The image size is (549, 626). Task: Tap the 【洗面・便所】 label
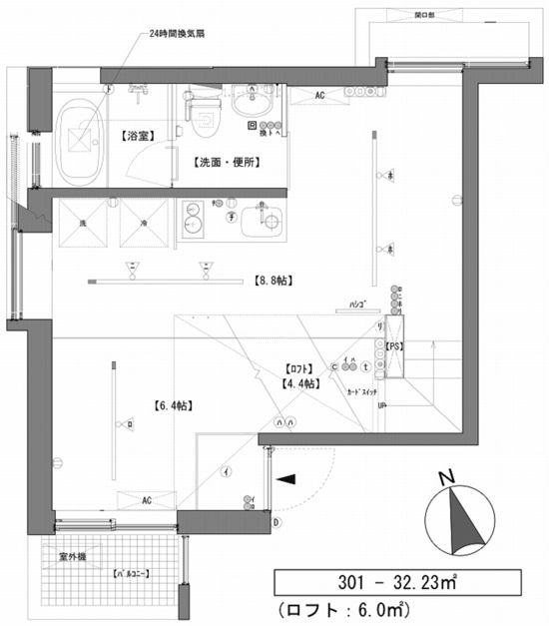pos(220,161)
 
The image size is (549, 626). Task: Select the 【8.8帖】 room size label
pos(273,282)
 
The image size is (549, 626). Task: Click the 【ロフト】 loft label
pos(296,367)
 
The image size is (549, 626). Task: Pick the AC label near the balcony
pos(146,498)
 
